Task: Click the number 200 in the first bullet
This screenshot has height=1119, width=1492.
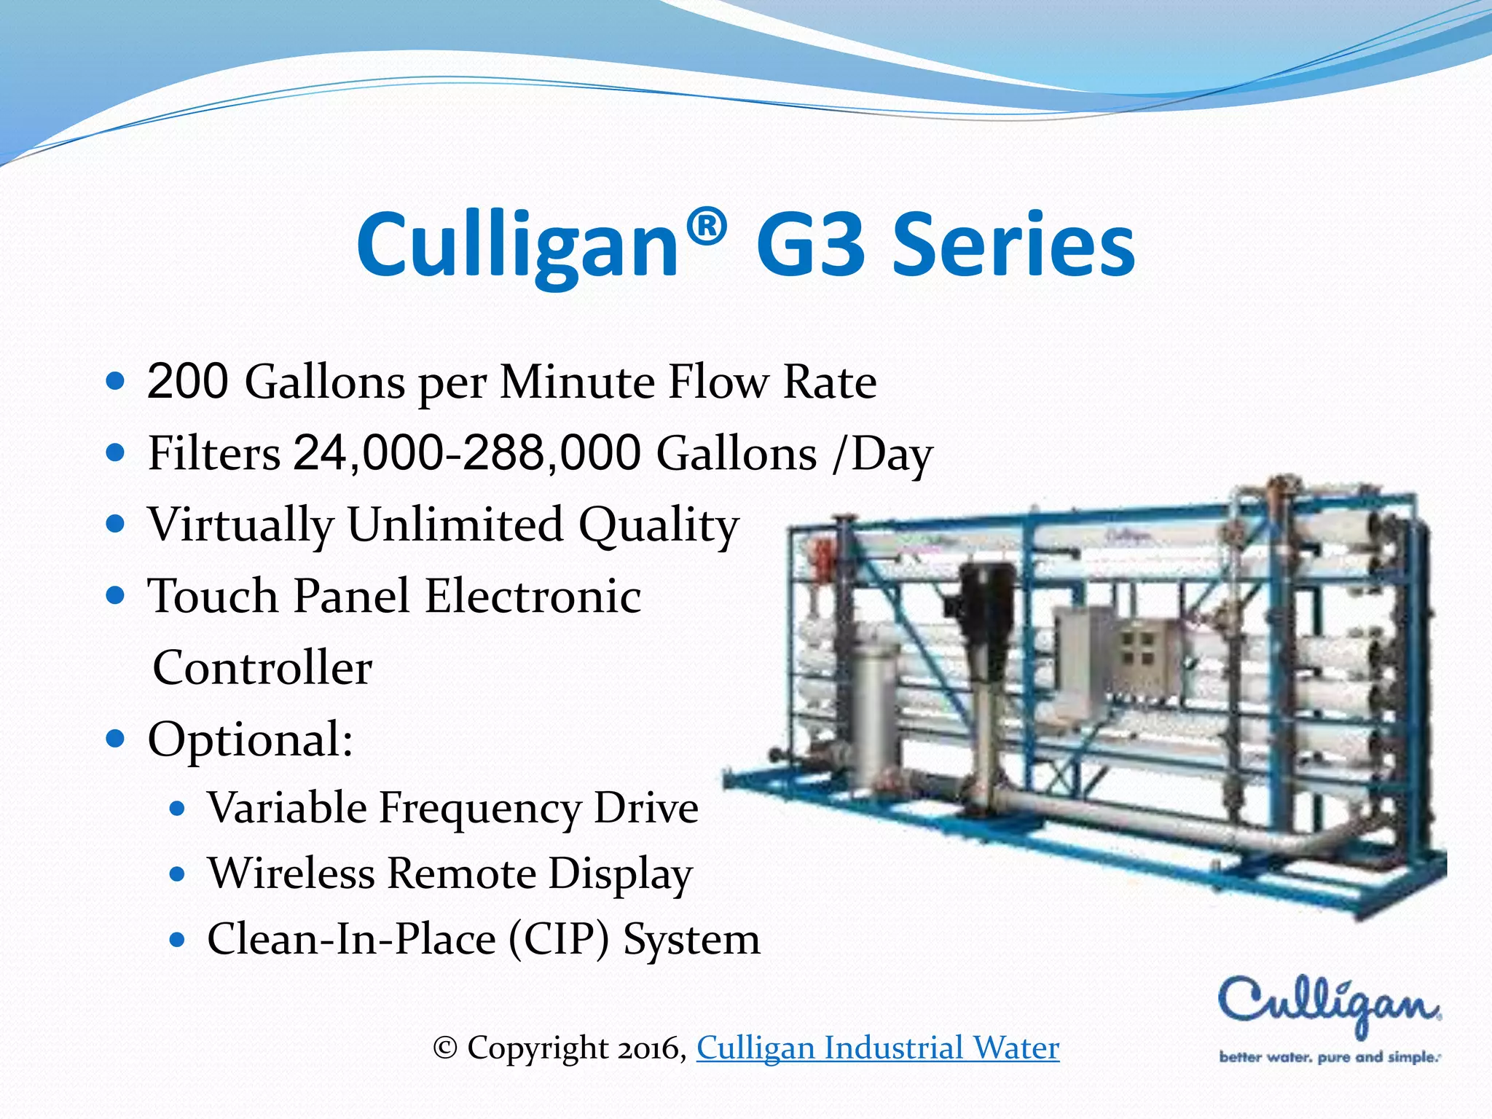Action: (x=188, y=381)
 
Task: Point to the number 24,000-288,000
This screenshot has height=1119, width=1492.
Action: (x=467, y=452)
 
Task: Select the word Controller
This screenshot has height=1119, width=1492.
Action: (x=262, y=667)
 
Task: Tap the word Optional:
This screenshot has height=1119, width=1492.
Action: (x=251, y=739)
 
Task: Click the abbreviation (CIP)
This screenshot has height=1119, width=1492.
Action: (x=558, y=938)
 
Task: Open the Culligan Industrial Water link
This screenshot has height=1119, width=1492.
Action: (x=878, y=1048)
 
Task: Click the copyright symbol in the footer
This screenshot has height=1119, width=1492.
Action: (x=444, y=1048)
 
